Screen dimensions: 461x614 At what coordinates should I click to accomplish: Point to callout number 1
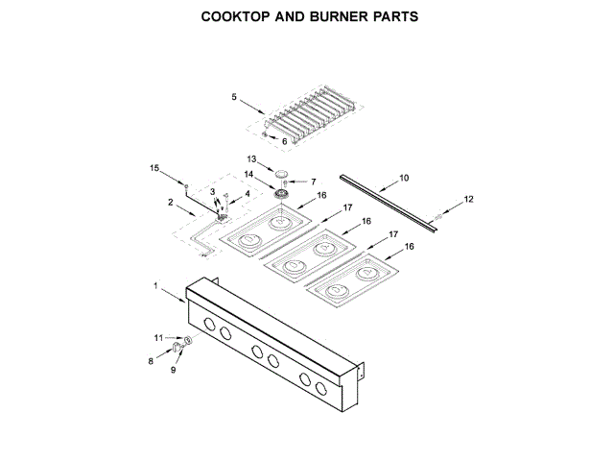pos(154,286)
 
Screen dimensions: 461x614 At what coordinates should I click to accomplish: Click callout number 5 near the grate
pos(233,96)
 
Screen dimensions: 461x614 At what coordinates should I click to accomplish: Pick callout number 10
pos(404,178)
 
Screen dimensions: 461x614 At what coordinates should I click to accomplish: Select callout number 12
pos(469,199)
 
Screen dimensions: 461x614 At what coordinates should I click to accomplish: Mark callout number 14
pos(248,175)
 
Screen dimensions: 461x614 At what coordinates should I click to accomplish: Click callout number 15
pos(153,169)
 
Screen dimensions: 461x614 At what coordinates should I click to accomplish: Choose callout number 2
pos(170,202)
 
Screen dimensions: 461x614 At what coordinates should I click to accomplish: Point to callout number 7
pos(312,181)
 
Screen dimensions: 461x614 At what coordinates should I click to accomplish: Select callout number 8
pos(151,361)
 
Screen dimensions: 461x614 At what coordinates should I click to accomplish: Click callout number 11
pos(159,337)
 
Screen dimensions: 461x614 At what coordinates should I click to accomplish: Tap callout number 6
pos(284,141)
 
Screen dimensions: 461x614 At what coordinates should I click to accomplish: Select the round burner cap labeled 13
pos(282,171)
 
